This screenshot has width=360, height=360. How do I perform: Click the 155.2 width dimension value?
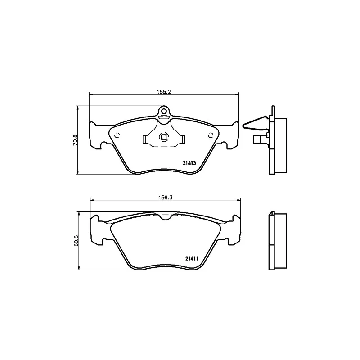pos(165,91)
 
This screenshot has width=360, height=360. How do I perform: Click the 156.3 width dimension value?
pos(166,197)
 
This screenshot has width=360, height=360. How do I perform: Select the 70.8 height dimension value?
pos(76,139)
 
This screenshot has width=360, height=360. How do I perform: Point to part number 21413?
pos(189,163)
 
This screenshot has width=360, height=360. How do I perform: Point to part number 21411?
pos(192,258)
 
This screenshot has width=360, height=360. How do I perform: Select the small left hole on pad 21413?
pos(117,135)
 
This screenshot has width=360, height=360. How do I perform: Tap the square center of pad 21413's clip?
pos(164,137)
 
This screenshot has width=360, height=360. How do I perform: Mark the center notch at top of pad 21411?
pos(166,216)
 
